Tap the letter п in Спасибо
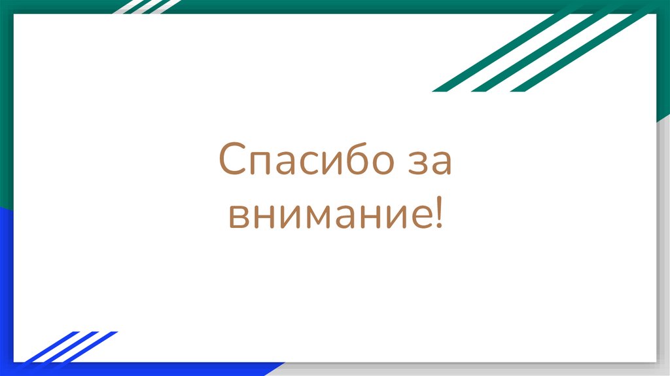point(257,163)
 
